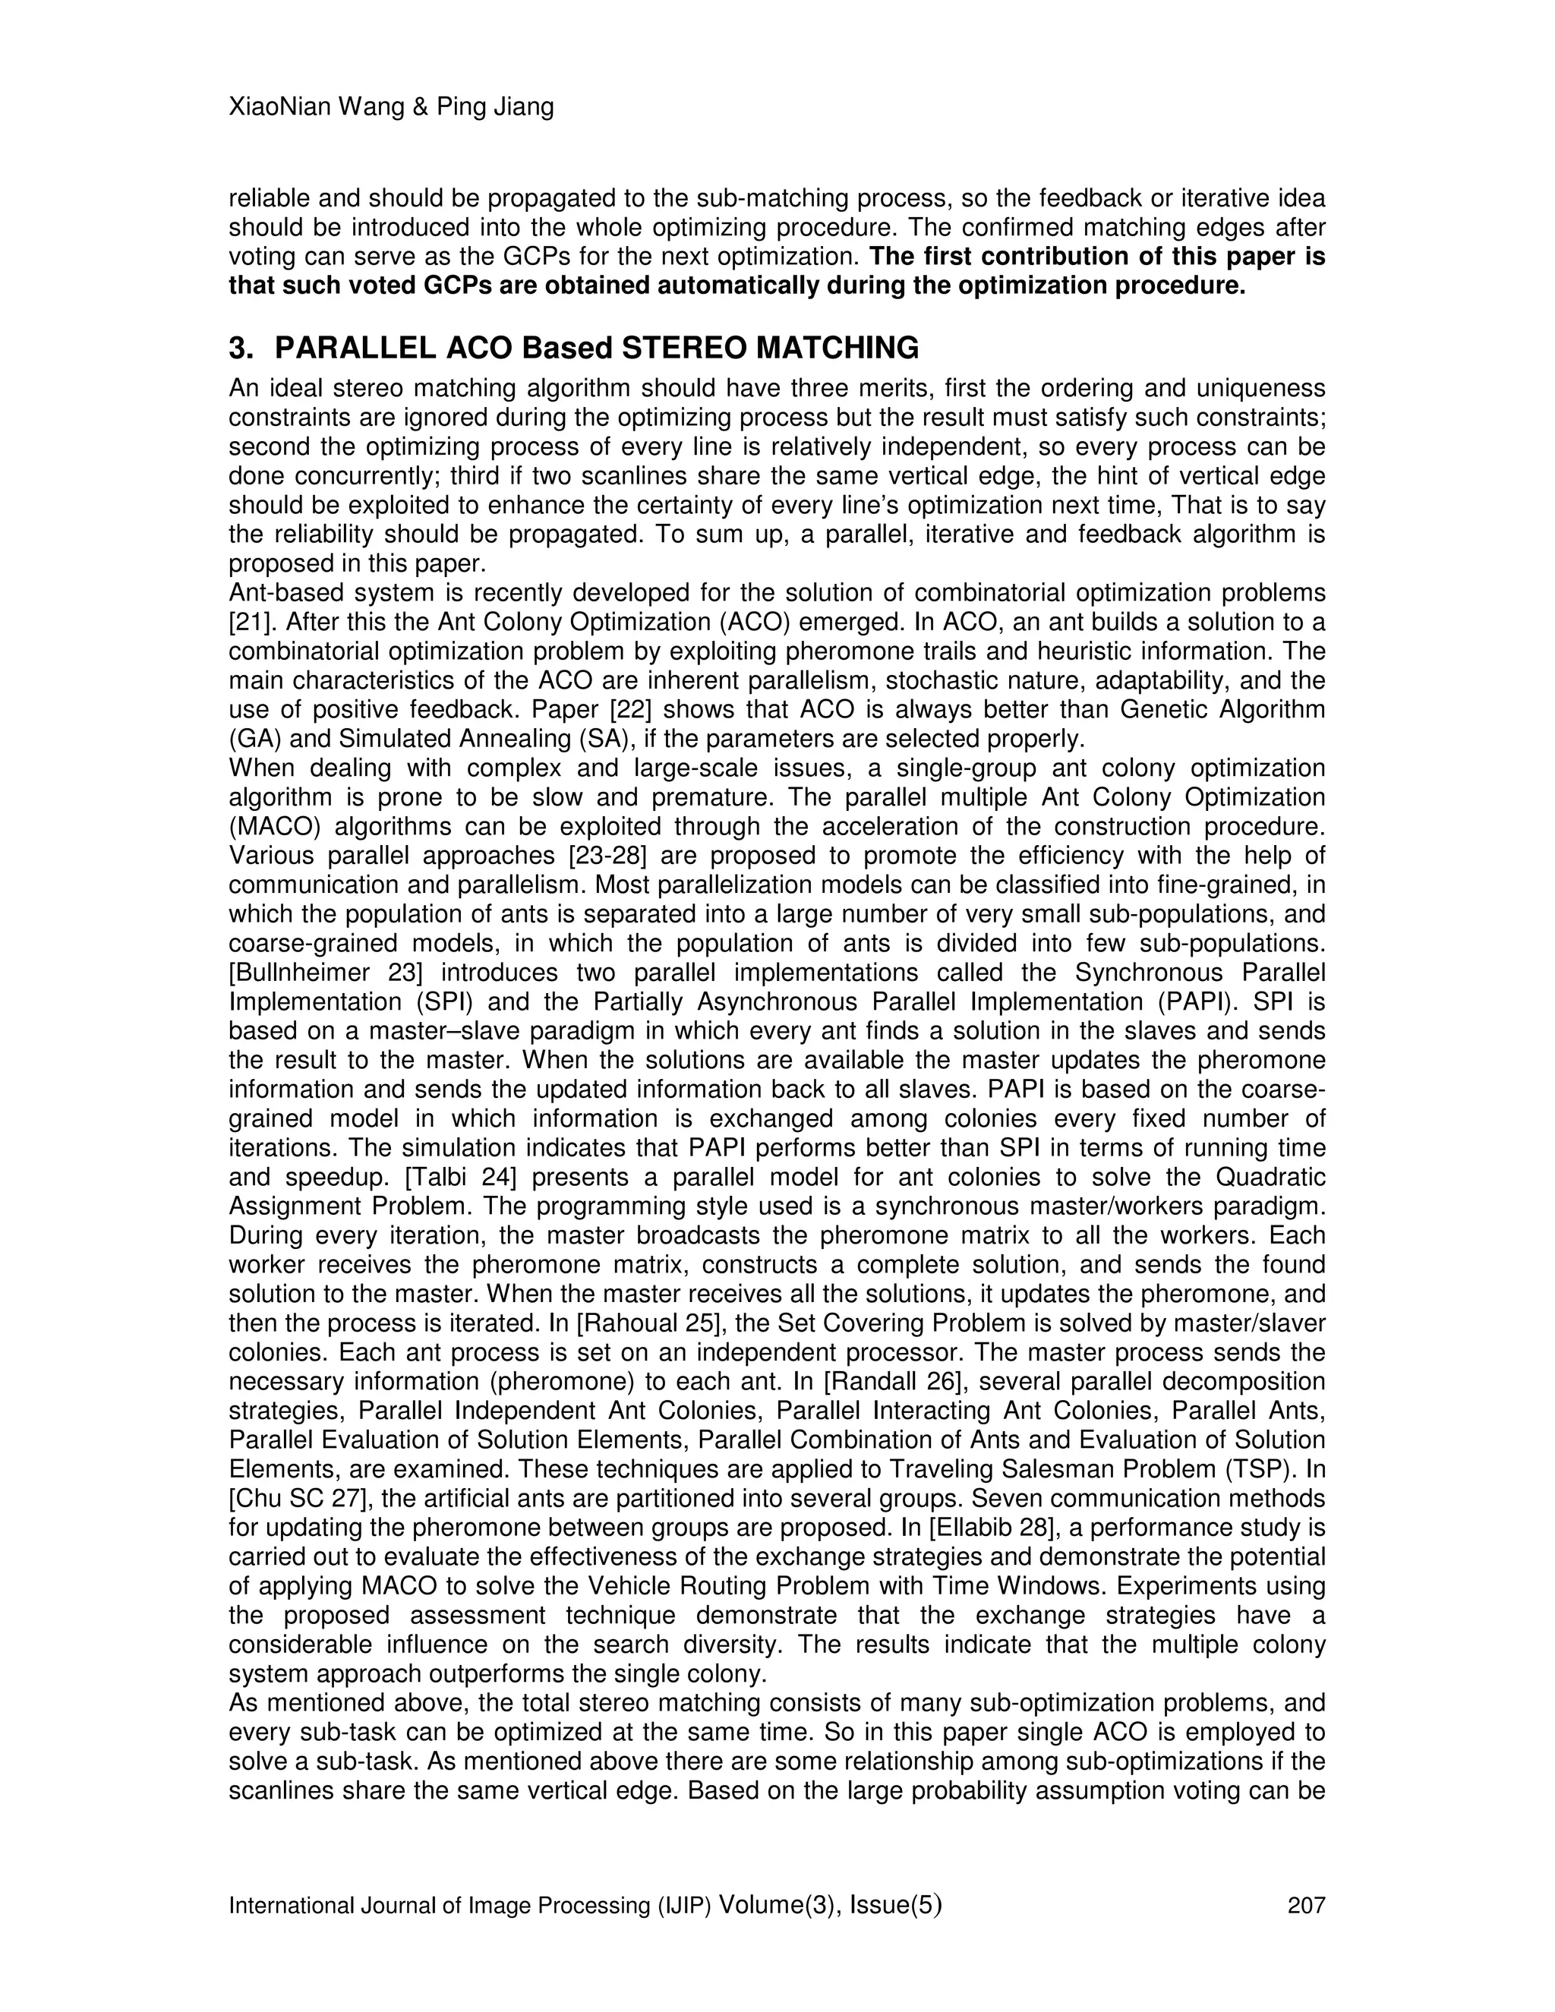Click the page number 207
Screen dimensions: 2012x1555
coord(1305,1905)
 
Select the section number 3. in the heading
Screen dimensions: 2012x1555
coord(241,348)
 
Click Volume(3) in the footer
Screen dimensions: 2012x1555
coord(777,1904)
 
